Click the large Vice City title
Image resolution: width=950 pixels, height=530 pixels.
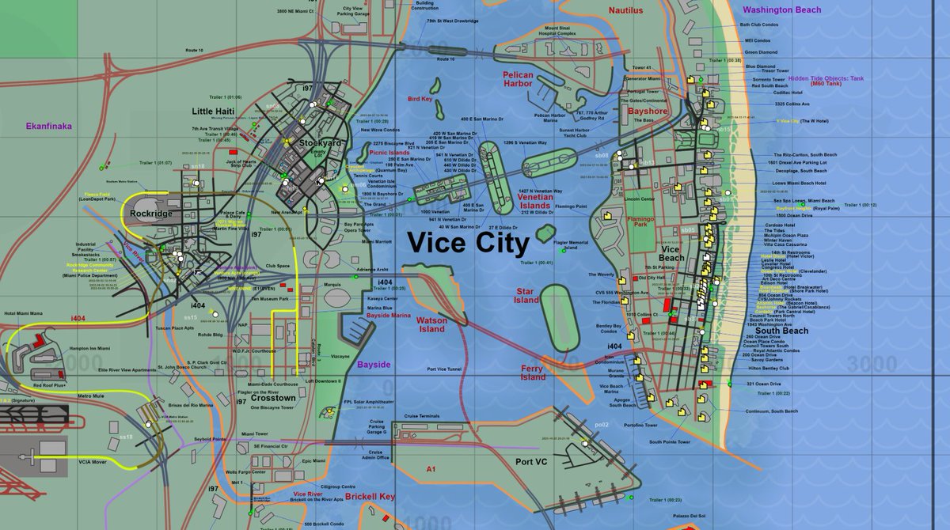tap(467, 243)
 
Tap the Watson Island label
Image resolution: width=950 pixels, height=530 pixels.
tap(432, 324)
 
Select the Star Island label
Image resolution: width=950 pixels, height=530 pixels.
tap(526, 296)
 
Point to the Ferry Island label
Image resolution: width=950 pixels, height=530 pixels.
tap(533, 373)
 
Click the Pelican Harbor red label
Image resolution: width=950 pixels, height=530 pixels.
tap(518, 79)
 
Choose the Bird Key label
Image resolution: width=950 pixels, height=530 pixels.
tap(420, 100)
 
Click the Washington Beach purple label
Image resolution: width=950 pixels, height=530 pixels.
tap(782, 10)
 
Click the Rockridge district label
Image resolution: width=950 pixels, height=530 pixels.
tap(151, 214)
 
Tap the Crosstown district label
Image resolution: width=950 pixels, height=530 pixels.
tap(272, 398)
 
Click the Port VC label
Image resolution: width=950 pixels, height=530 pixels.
tap(531, 462)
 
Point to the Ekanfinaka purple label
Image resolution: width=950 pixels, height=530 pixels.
tap(49, 125)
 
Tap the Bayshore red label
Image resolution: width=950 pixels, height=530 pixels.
tap(648, 112)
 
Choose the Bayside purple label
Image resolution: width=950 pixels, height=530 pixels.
tap(374, 365)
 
